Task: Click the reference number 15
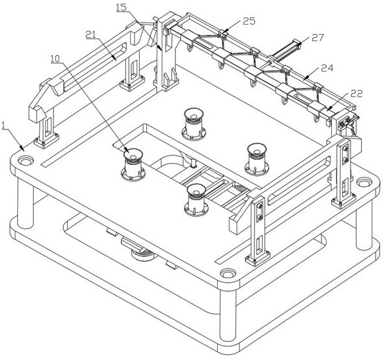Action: [122, 8]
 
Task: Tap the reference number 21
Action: [90, 35]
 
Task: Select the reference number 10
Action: [55, 59]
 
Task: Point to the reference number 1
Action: [4, 126]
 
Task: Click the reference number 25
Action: [249, 21]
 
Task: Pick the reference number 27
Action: [318, 38]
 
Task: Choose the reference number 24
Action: [327, 68]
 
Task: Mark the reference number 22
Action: [356, 93]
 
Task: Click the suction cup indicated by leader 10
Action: [133, 164]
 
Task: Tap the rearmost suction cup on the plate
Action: [193, 124]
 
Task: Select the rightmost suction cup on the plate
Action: [256, 159]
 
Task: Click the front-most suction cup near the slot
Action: [196, 200]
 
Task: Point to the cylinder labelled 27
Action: [286, 50]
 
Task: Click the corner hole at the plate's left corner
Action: [26, 161]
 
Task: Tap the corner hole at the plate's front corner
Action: [227, 273]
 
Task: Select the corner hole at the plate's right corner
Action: [364, 182]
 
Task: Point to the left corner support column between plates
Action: [25, 203]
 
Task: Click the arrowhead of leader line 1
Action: [23, 149]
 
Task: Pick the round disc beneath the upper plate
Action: [144, 254]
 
